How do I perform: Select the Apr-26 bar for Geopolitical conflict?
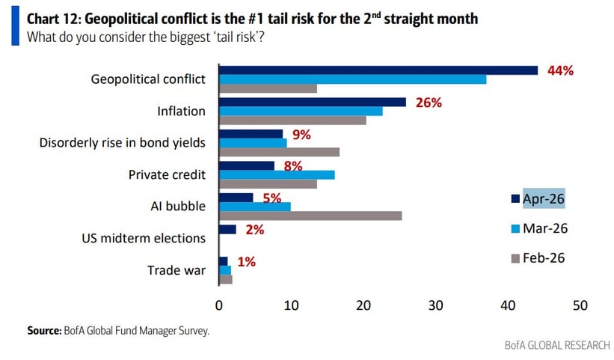pyautogui.click(x=378, y=70)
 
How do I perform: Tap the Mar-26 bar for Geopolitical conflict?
pyautogui.click(x=352, y=79)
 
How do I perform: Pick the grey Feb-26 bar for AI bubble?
pyautogui.click(x=310, y=216)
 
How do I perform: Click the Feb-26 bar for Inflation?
pyautogui.click(x=292, y=120)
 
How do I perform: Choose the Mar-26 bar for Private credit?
pyautogui.click(x=277, y=174)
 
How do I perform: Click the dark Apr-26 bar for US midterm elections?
pyautogui.click(x=227, y=230)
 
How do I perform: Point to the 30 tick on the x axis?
pyautogui.click(x=435, y=305)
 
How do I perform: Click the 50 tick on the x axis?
pyautogui.click(x=580, y=305)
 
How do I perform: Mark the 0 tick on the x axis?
pyautogui.click(x=219, y=305)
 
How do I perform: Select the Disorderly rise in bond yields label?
pyautogui.click(x=123, y=142)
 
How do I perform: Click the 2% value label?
pyautogui.click(x=255, y=230)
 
